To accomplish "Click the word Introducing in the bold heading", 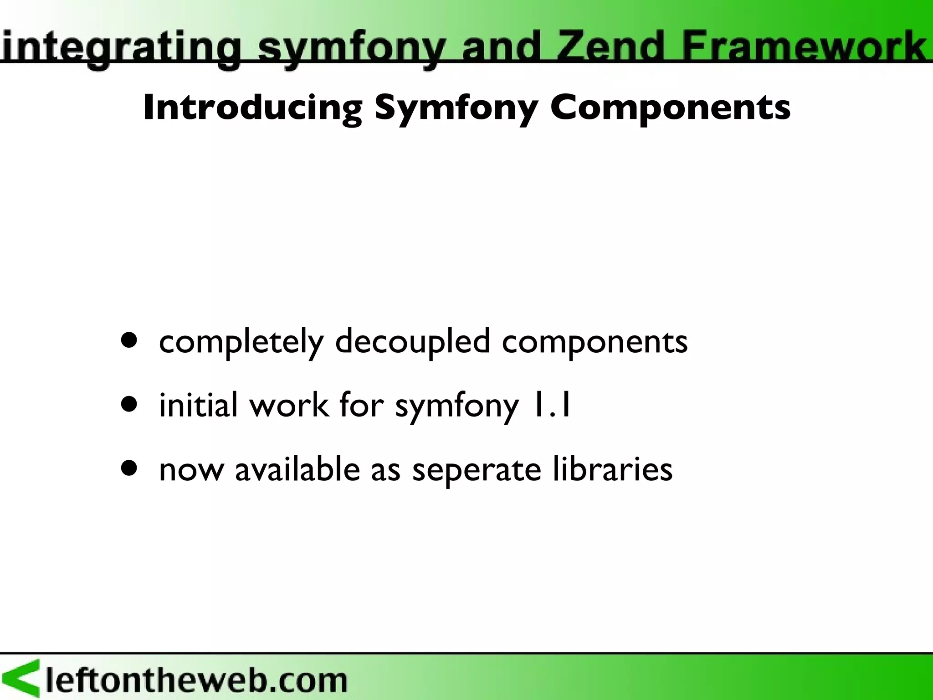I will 252,108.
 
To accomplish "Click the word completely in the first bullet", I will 241,342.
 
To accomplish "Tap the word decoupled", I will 413,342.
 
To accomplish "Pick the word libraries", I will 612,469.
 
